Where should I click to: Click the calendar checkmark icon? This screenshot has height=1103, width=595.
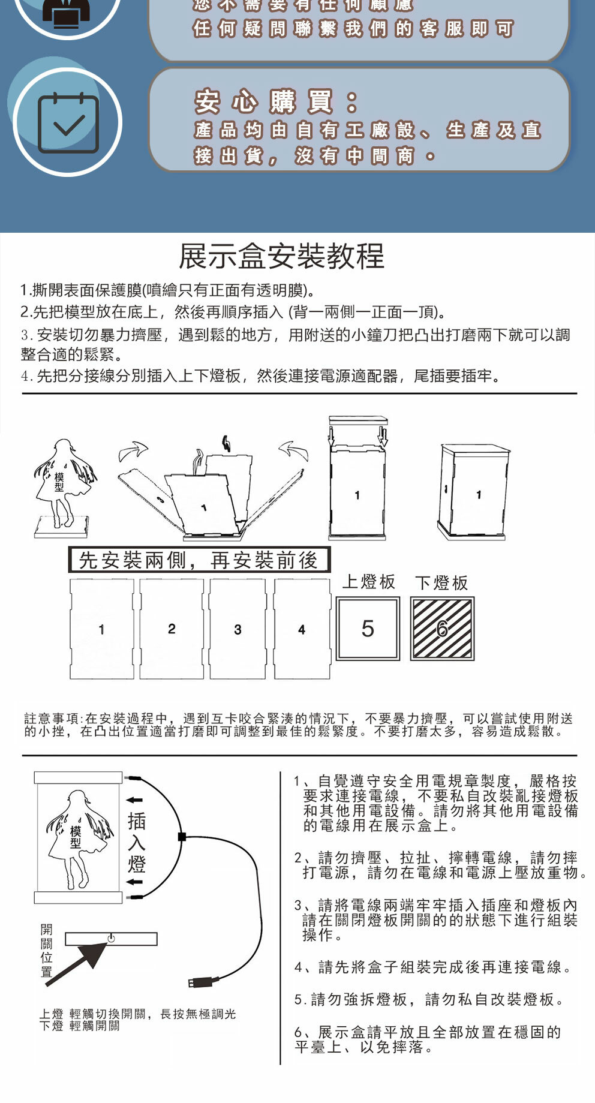click(x=68, y=123)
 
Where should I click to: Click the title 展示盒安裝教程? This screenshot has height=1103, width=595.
click(x=281, y=256)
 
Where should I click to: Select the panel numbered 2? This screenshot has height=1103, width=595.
click(x=172, y=629)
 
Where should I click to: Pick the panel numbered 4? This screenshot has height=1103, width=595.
click(x=302, y=629)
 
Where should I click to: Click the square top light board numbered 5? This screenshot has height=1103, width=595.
click(x=368, y=629)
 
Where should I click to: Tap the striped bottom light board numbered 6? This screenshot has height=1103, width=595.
click(x=442, y=629)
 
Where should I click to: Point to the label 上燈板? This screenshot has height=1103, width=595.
click(x=369, y=582)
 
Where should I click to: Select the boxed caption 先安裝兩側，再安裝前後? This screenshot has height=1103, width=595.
click(x=199, y=560)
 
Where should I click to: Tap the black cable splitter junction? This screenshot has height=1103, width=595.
click(x=182, y=837)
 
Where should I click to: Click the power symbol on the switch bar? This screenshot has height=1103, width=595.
click(x=111, y=937)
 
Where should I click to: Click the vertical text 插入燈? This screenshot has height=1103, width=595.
click(x=137, y=843)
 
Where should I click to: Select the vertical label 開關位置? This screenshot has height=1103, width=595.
click(x=47, y=951)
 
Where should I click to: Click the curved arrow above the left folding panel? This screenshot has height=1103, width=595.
click(x=133, y=451)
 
